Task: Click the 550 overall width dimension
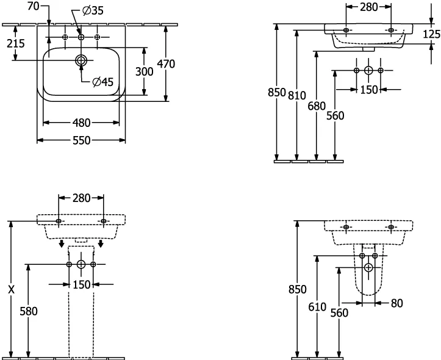[82, 140]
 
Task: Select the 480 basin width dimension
[82, 123]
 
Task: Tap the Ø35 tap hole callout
[93, 11]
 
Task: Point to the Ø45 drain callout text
[102, 82]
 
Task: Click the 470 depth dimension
[166, 64]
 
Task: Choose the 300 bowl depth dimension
[145, 71]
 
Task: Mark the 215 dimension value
[16, 43]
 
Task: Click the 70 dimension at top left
[33, 6]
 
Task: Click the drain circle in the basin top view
[81, 60]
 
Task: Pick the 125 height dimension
[432, 34]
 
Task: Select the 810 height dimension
[296, 96]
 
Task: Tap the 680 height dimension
[317, 106]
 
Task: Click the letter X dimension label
[11, 289]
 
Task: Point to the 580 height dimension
[29, 311]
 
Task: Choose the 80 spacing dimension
[397, 303]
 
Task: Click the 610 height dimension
[317, 307]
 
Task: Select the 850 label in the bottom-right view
[297, 289]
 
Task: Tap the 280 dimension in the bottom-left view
[81, 198]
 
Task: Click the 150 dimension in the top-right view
[368, 90]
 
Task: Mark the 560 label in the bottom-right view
[339, 312]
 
